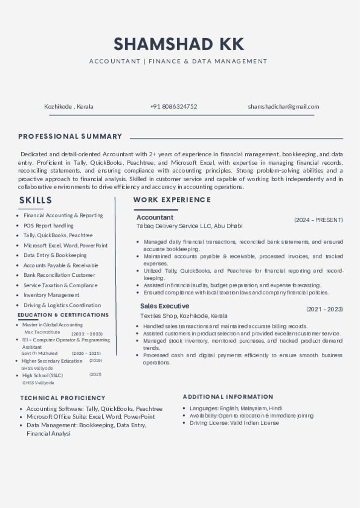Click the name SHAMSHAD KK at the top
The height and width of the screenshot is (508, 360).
[179, 44]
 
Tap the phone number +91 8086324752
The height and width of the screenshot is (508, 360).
[173, 107]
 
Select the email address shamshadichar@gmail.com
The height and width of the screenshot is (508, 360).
[284, 107]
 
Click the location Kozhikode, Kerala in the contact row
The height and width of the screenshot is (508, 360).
[69, 107]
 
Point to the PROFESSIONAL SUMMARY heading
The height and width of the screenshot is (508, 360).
[70, 136]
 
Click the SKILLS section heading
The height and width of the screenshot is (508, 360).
[36, 200]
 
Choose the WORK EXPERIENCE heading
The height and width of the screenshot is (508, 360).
[172, 200]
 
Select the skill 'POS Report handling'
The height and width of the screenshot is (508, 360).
[48, 226]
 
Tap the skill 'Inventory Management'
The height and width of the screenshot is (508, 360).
[51, 295]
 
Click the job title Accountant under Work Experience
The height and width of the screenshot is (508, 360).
[155, 217]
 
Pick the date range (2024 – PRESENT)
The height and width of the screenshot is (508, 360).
[318, 220]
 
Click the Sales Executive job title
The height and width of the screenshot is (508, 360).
[164, 306]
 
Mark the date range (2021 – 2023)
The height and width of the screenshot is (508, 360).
[324, 309]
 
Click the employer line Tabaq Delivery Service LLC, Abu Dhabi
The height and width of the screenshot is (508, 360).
[189, 226]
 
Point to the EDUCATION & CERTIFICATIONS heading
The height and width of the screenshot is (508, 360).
[63, 315]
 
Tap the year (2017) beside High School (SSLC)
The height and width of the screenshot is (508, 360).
[95, 375]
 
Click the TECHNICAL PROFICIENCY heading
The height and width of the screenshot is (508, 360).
[63, 398]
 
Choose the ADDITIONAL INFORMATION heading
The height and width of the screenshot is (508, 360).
[228, 397]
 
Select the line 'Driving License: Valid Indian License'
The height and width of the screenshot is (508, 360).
[234, 423]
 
